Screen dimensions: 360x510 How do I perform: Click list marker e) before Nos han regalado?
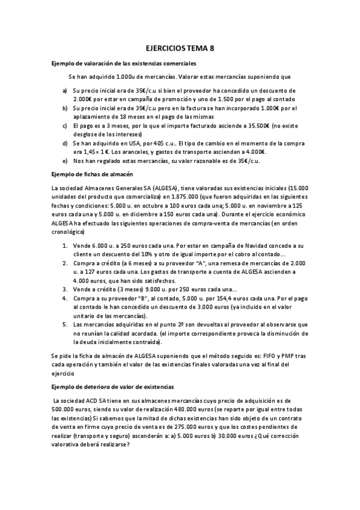click(65, 161)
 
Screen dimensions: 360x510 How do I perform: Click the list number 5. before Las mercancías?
click(65, 324)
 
